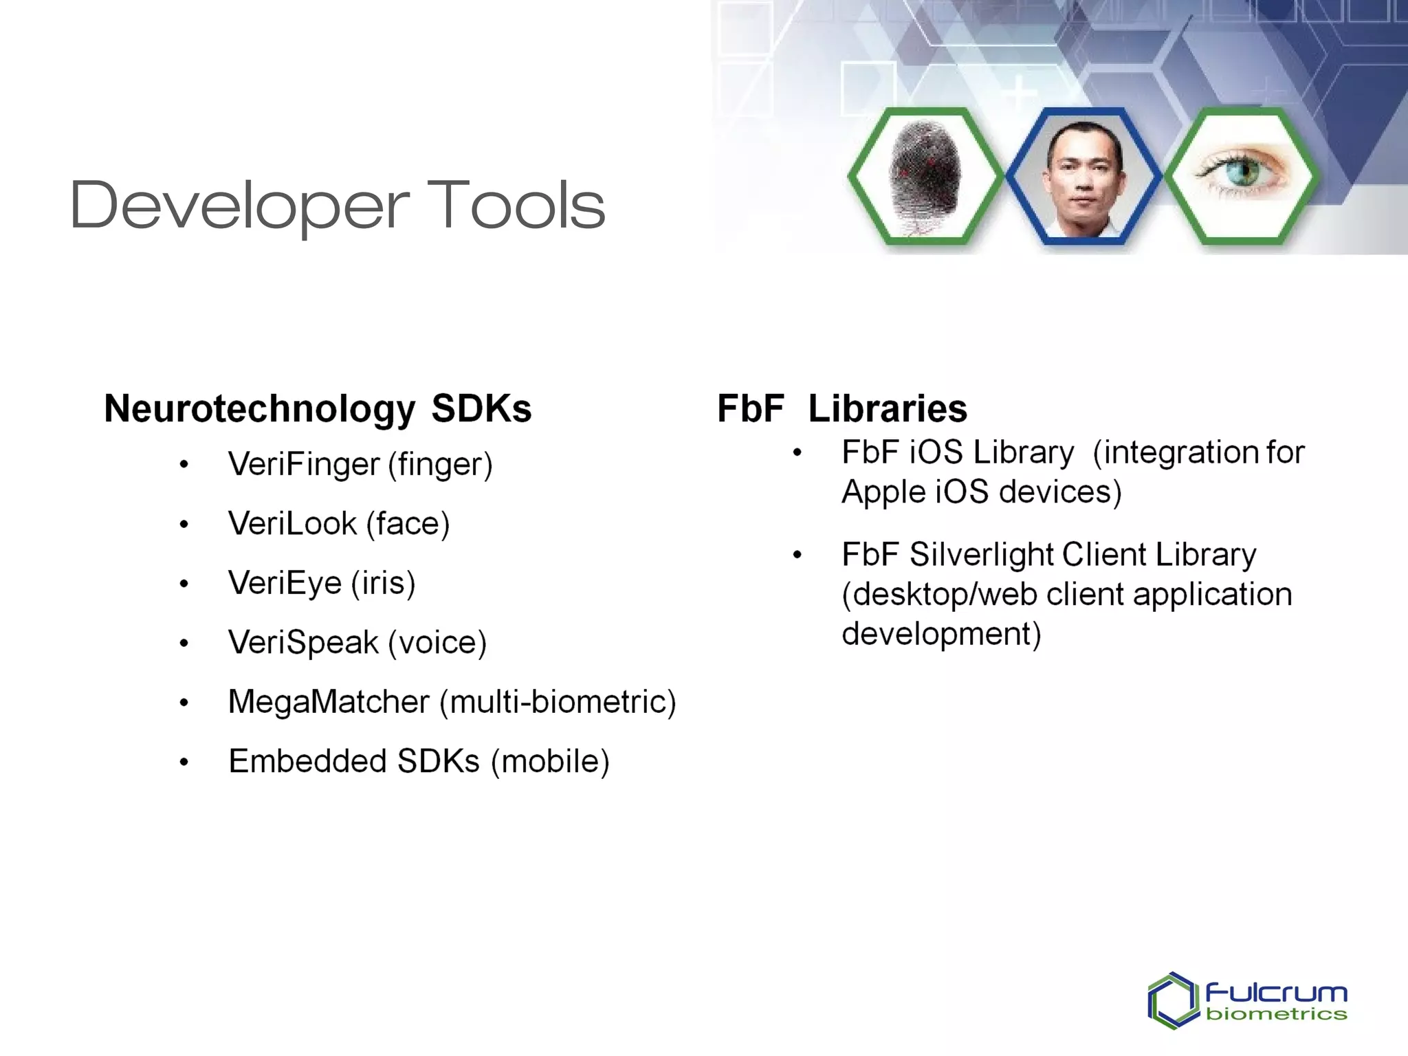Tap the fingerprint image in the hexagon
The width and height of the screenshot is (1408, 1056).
(925, 177)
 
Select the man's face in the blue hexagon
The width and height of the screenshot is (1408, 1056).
(1083, 177)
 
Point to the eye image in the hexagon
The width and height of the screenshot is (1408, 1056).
(1242, 172)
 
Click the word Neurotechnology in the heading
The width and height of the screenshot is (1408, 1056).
(259, 409)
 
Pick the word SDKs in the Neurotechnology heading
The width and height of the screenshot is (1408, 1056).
(481, 409)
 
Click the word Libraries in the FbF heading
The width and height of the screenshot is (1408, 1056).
(887, 409)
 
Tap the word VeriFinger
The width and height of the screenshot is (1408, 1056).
(303, 464)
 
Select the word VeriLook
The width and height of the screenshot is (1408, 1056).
(292, 524)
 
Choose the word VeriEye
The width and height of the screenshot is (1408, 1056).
(285, 584)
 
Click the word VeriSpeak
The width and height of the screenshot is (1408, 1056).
(302, 643)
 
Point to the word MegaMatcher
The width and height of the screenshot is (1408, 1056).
(329, 702)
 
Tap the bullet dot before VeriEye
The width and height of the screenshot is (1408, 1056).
(184, 584)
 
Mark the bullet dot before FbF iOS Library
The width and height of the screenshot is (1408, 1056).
(797, 453)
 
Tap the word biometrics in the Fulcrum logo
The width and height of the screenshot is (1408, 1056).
(1276, 1014)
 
